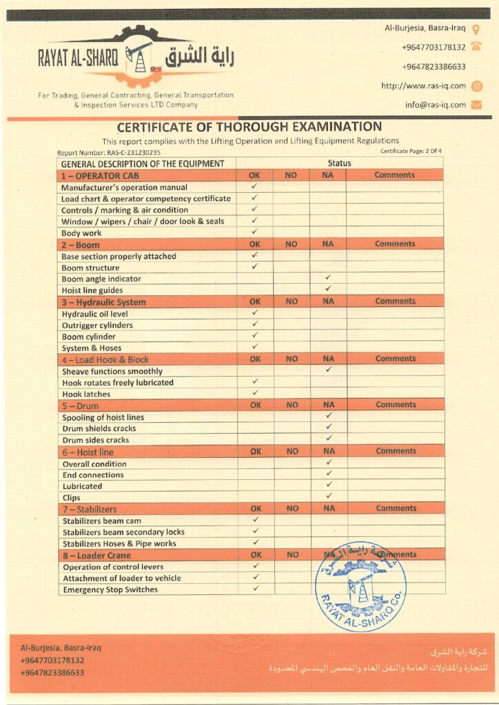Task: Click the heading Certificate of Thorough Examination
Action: coord(249,127)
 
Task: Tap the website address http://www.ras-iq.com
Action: coord(423,86)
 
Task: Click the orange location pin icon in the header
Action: coord(476,29)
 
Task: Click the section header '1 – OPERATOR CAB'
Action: coord(94,176)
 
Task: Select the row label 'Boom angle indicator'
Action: coord(101,279)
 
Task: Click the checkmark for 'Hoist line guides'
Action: coord(328,289)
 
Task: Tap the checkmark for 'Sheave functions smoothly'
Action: coord(328,370)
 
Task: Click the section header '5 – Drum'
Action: coord(80,406)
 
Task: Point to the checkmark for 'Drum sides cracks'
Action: coord(328,439)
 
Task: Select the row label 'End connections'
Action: coord(93,475)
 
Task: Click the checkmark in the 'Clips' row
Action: coord(328,496)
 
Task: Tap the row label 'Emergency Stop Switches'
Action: coord(110,589)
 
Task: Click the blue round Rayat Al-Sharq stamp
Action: coord(360,586)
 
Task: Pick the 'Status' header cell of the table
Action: coord(339,163)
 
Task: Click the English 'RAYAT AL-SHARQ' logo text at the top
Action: coord(78,59)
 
